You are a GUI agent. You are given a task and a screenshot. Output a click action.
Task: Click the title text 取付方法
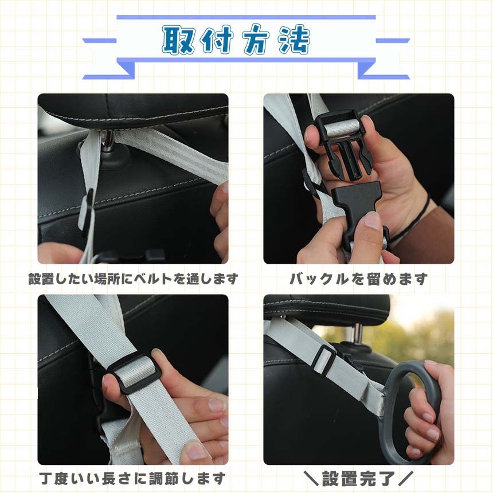(236, 40)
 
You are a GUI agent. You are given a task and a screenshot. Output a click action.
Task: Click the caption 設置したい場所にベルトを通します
(134, 279)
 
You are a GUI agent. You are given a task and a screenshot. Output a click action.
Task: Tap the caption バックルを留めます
(358, 279)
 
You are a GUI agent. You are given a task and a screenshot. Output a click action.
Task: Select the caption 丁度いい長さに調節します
(132, 479)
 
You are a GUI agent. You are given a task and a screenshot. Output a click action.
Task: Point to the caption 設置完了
(358, 479)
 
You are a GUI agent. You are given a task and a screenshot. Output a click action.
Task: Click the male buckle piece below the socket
(358, 214)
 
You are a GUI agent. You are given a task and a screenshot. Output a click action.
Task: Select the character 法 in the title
(295, 40)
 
